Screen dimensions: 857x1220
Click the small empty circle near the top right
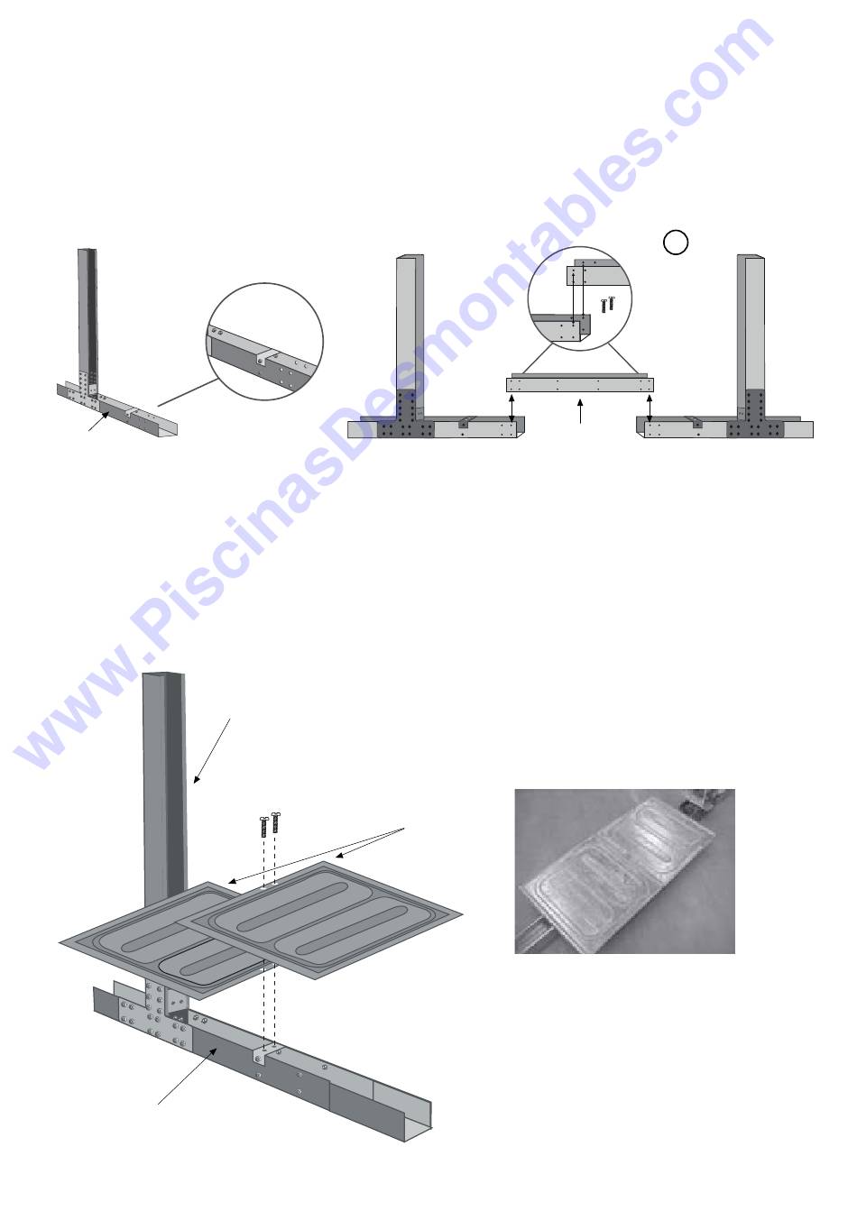pyautogui.click(x=675, y=243)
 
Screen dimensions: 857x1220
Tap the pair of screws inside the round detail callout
pyautogui.click(x=607, y=303)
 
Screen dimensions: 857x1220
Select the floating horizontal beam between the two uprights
pyautogui.click(x=580, y=384)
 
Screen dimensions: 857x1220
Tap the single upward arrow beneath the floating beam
pyautogui.click(x=580, y=410)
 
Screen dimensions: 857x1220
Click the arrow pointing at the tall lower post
pyautogui.click(x=212, y=751)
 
